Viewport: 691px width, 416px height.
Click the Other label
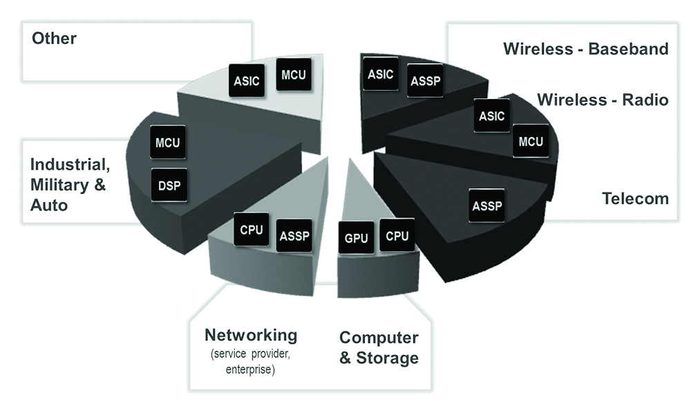54,37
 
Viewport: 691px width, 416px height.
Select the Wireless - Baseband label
585,49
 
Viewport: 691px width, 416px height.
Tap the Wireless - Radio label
603,100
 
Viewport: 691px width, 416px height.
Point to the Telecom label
635,199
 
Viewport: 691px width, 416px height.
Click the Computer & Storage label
379,347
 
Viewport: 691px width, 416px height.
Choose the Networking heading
251,336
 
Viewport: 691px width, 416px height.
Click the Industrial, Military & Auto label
69,185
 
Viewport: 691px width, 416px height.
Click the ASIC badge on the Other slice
247,81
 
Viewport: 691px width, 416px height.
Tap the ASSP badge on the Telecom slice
486,205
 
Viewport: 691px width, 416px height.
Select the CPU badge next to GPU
397,236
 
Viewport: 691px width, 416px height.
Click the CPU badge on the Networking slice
251,230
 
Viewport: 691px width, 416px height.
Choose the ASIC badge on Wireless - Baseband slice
380,74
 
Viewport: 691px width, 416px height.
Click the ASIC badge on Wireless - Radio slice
491,116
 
